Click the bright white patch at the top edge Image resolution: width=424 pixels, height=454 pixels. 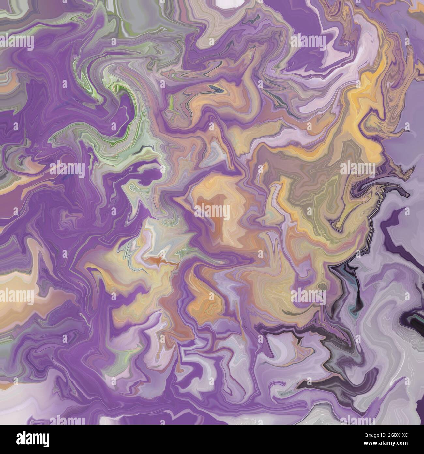(x=228, y=3)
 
